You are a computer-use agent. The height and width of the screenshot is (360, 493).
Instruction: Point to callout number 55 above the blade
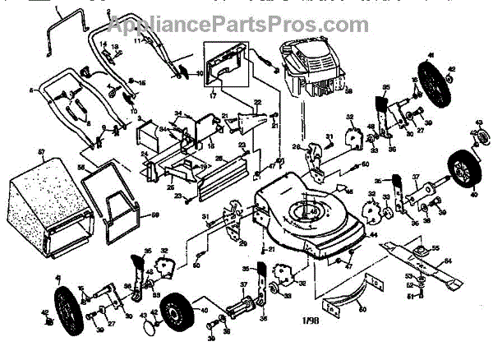click(436, 247)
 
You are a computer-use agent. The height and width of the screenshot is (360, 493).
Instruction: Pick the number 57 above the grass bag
click(40, 152)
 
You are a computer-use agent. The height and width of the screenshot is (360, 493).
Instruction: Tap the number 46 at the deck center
click(314, 211)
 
